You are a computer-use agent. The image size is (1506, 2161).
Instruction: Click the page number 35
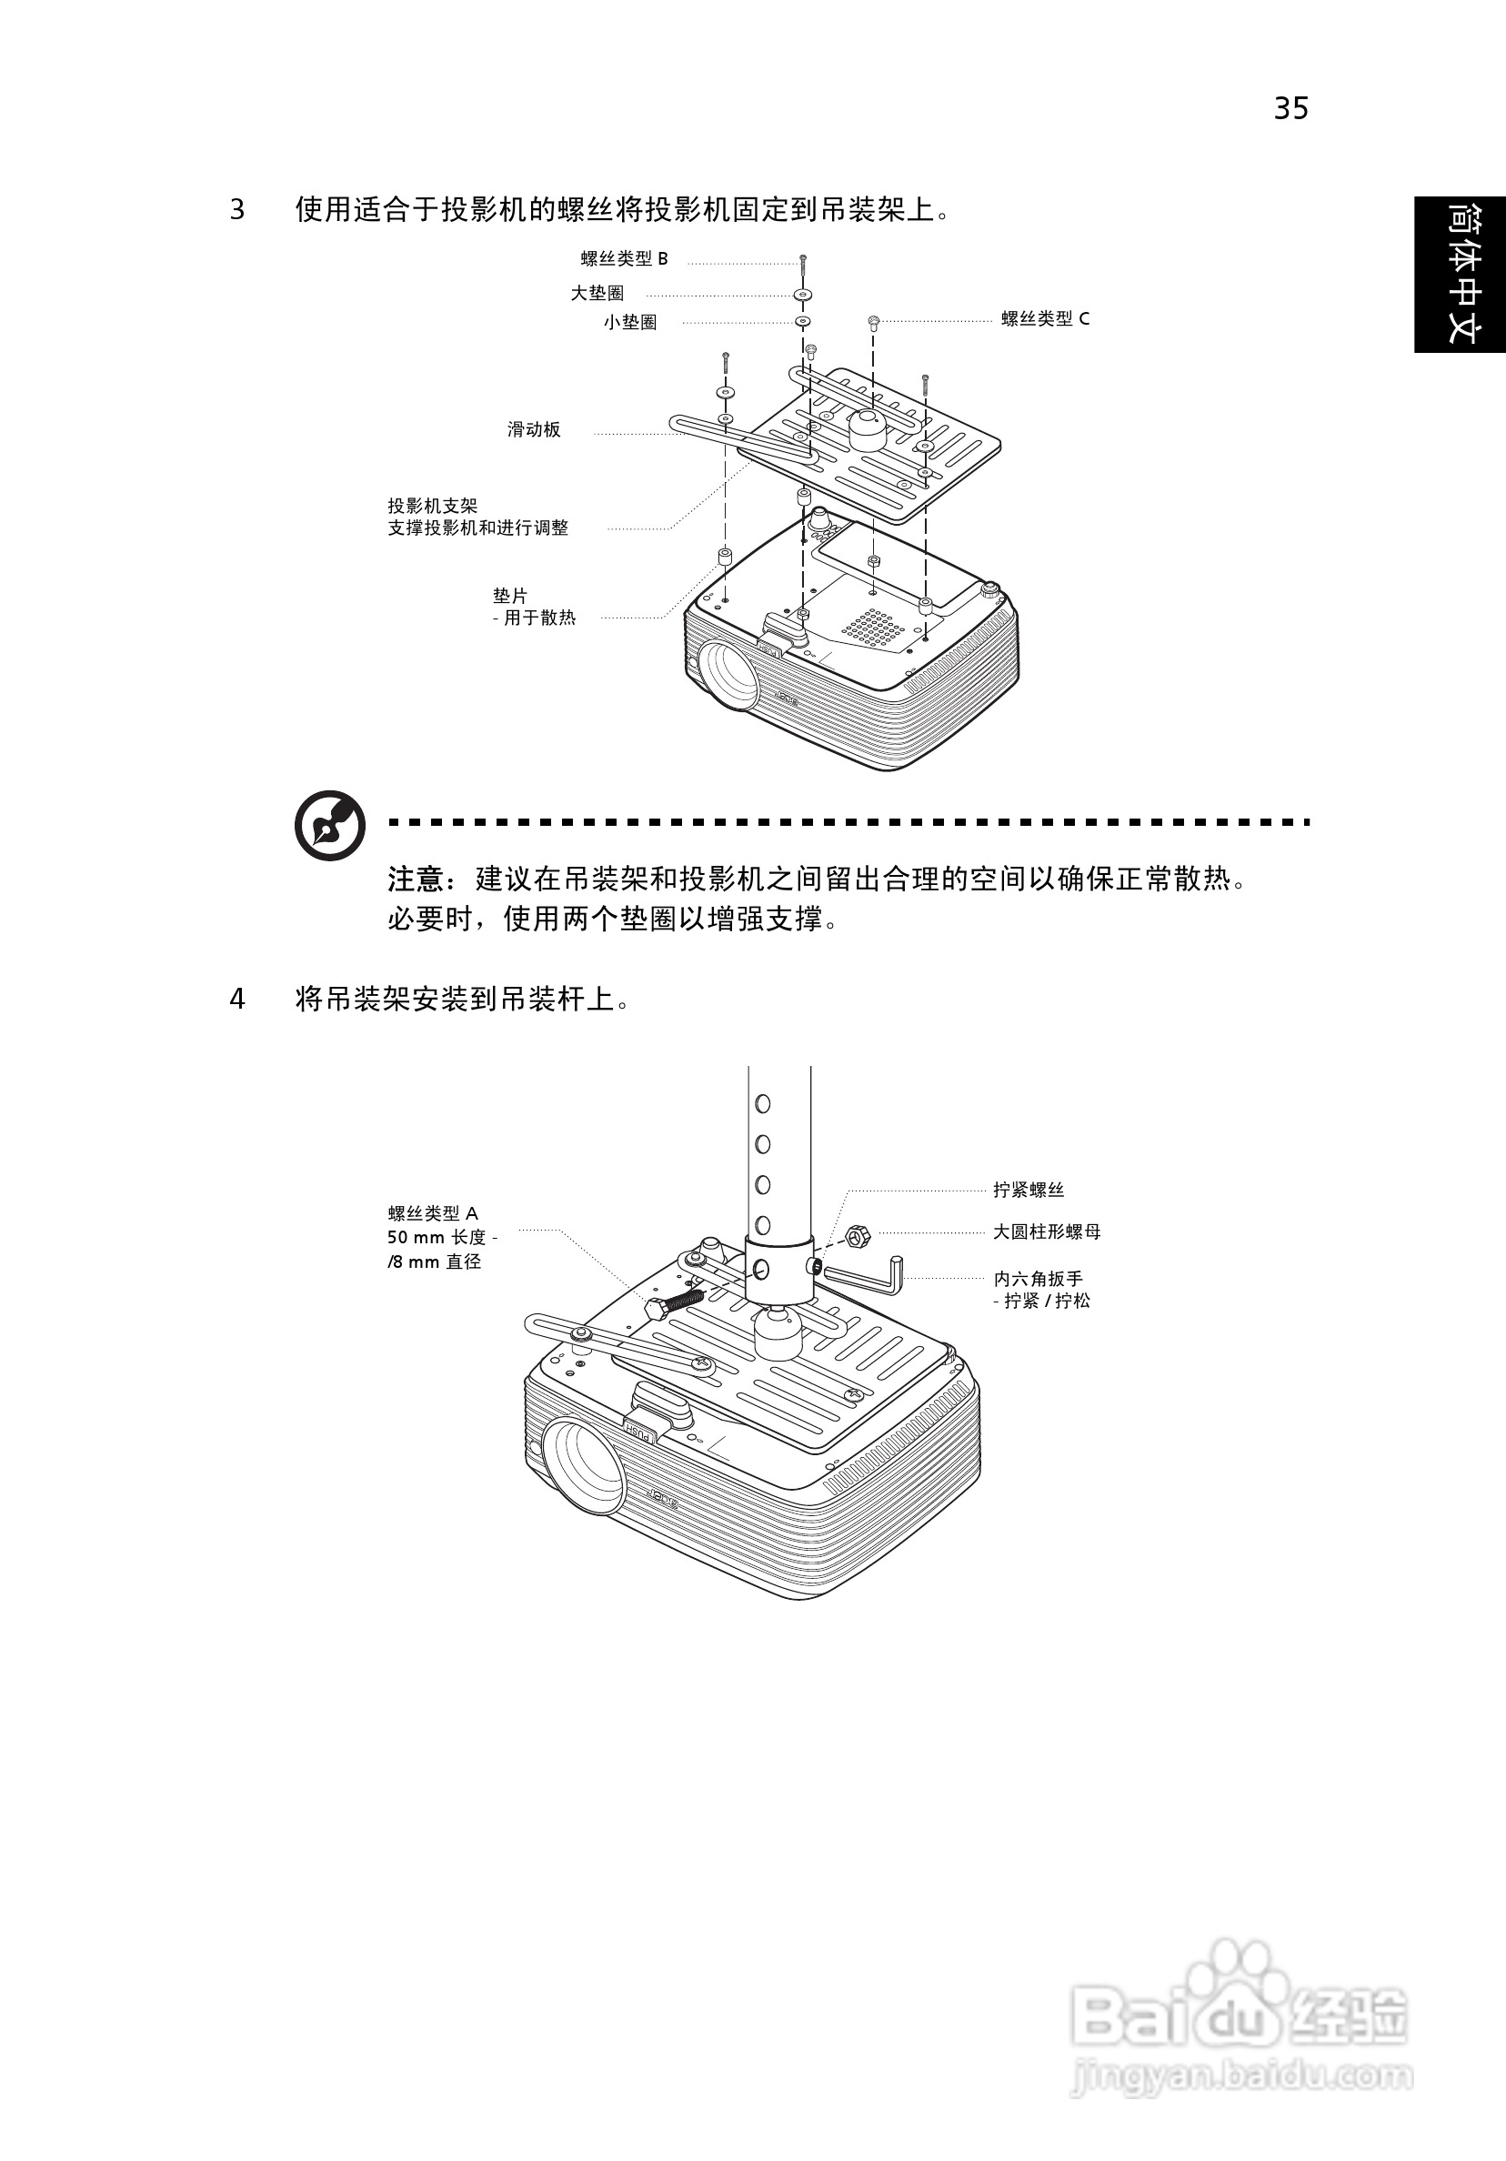tap(1290, 109)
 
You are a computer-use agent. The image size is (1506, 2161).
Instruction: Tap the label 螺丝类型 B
tap(624, 259)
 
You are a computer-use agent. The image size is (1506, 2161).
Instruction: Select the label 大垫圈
tap(597, 294)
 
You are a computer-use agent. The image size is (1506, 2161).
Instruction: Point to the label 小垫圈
tap(629, 322)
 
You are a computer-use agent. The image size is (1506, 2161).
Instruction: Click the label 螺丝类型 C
tap(1045, 319)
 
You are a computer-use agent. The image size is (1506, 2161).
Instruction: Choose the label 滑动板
tap(534, 430)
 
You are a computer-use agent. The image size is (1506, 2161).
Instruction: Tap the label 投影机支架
tap(433, 507)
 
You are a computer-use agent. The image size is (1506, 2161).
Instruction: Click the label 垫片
tap(510, 596)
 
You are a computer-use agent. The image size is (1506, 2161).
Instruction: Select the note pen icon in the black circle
tap(329, 826)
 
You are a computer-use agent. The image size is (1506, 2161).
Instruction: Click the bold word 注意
tap(415, 879)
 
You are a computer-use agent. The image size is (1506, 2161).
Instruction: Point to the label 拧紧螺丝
tap(1028, 1190)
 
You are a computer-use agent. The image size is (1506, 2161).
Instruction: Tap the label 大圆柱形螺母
tap(1047, 1232)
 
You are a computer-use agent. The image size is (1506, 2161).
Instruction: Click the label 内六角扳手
tap(1039, 1278)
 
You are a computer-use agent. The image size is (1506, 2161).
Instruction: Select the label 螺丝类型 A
tap(433, 1214)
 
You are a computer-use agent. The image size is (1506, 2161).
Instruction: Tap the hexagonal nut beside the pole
tap(857, 1236)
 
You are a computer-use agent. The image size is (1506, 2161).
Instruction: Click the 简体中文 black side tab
tap(1460, 274)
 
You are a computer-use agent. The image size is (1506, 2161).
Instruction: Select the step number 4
tap(237, 999)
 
